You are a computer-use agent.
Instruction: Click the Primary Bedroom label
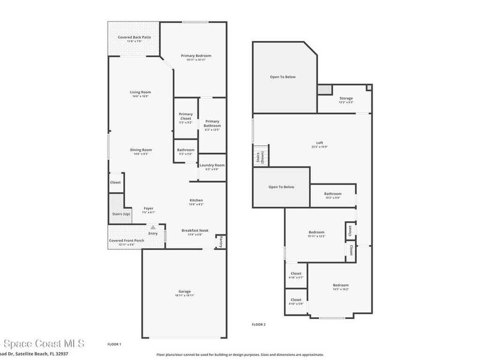point(196,56)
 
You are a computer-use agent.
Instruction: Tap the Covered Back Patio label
point(134,37)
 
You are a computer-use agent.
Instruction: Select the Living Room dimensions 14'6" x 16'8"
point(140,97)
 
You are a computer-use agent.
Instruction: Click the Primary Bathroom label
point(212,124)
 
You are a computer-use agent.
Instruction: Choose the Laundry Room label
point(212,165)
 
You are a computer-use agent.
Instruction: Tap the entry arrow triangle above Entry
point(153,227)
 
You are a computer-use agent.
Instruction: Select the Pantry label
point(220,242)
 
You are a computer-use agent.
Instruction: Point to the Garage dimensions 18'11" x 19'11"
point(184,295)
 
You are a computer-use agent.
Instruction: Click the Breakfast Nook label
point(195,230)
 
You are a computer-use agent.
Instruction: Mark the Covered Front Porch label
point(127,240)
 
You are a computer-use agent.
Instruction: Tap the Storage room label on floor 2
point(346,98)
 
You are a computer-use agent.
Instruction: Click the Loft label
point(319,143)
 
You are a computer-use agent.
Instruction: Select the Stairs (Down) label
point(258,157)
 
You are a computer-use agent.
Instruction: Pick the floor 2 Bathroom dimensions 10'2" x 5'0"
point(333,198)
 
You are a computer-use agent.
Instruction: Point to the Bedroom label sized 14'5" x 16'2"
point(341,285)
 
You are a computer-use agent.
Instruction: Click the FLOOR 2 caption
point(259,324)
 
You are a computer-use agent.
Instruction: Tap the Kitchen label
point(196,200)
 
